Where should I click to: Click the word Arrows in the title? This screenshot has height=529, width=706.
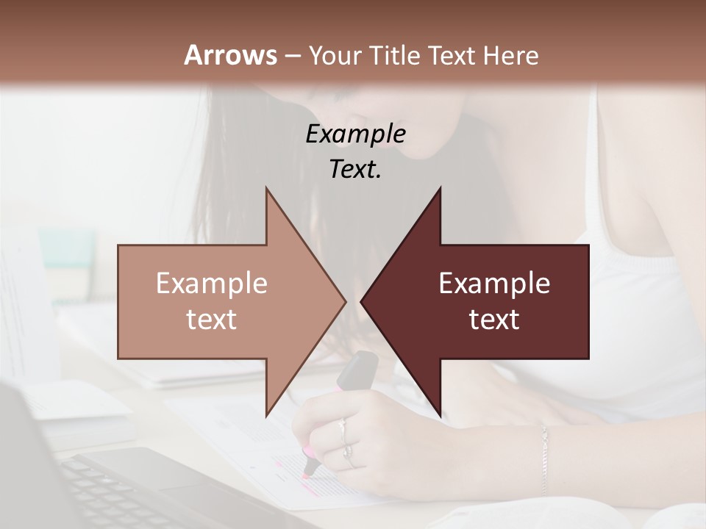point(230,55)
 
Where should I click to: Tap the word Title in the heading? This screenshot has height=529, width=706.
point(394,56)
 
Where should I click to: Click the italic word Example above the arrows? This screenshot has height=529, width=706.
point(355,134)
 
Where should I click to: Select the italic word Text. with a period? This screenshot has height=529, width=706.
point(355,169)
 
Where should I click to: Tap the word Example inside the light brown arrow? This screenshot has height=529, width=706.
point(212,284)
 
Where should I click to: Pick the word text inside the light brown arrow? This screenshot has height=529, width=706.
point(212,320)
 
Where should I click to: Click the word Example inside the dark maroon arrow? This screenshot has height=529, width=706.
point(494,284)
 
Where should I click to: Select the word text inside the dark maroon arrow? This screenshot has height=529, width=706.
point(494,320)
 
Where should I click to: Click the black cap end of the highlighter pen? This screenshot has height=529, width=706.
point(358,368)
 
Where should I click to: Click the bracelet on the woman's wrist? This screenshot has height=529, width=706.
point(544,456)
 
